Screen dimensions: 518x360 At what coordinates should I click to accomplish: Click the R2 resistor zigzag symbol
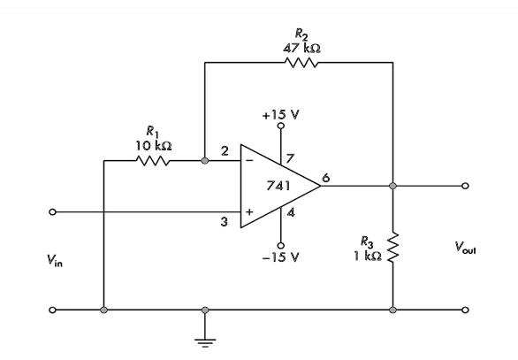[301, 63]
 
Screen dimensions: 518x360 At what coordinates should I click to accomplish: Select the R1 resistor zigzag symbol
[153, 161]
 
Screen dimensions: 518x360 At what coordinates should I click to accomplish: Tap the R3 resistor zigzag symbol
[393, 248]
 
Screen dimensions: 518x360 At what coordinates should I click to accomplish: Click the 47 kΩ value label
[301, 49]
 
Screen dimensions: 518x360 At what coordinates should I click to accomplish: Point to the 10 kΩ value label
[154, 145]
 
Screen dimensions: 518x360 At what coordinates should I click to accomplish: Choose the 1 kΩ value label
[368, 256]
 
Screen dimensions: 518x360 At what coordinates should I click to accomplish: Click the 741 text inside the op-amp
[278, 186]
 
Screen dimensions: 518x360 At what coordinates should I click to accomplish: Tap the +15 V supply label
[280, 115]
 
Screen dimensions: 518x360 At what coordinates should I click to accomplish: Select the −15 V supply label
[280, 257]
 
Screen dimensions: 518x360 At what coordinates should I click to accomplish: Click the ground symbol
[205, 342]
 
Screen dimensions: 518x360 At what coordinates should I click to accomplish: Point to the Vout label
[465, 248]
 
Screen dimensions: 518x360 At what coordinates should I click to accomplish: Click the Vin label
[55, 260]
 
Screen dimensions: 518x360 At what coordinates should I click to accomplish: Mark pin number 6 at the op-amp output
[325, 178]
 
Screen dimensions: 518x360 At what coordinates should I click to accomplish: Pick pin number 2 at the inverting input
[225, 151]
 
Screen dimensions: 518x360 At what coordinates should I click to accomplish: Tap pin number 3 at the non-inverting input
[225, 222]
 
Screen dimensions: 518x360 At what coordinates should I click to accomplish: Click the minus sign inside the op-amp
[249, 161]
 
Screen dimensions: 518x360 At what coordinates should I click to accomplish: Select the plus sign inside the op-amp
[249, 211]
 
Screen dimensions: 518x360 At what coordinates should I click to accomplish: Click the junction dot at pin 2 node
[205, 161]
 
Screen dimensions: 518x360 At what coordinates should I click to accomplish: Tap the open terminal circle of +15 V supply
[281, 126]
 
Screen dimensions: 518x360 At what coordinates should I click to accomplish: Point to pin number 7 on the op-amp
[289, 158]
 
